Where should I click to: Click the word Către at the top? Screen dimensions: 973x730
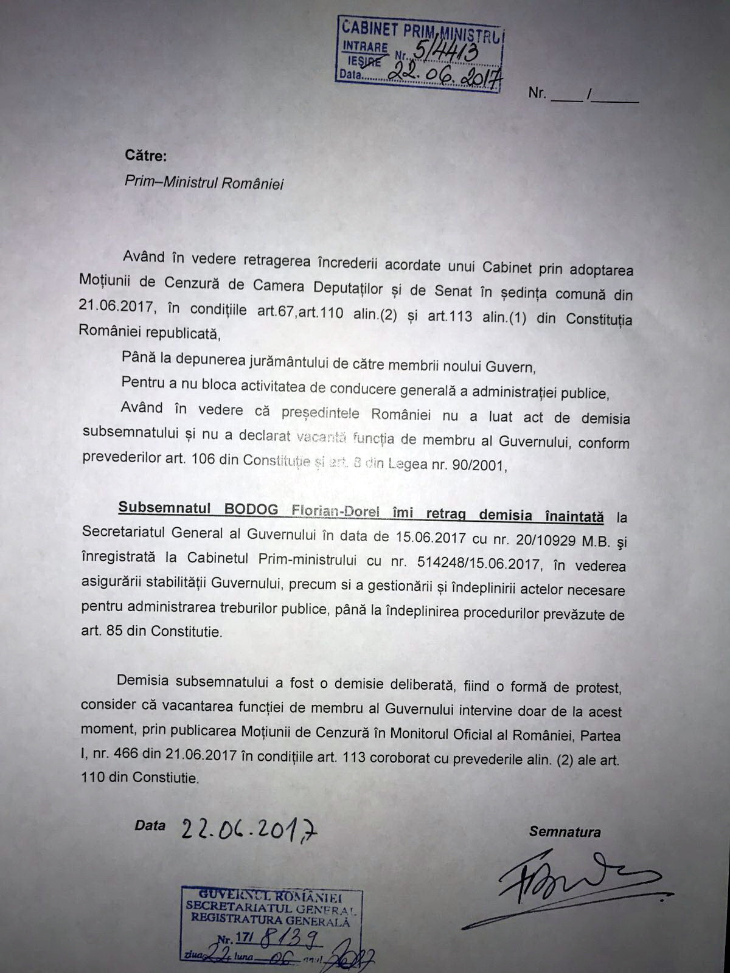click(x=145, y=156)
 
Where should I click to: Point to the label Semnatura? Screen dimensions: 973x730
click(x=565, y=832)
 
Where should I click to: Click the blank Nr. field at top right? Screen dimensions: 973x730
click(x=593, y=94)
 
